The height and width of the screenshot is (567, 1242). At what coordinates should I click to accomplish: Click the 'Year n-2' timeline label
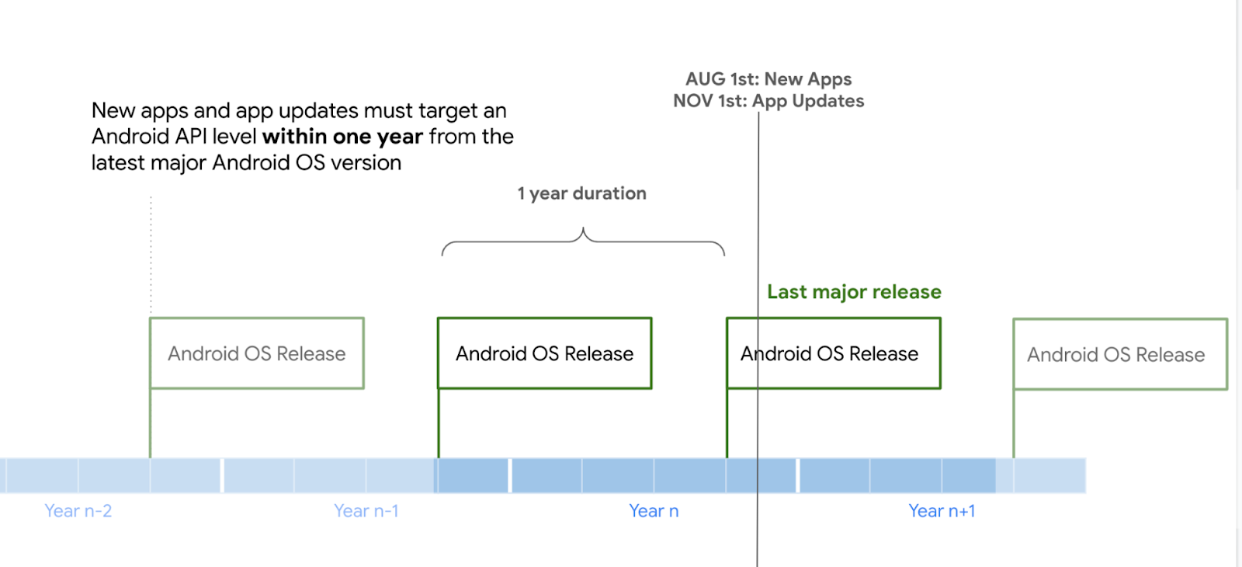coord(78,510)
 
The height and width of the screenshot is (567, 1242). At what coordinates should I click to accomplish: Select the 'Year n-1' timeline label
coord(366,510)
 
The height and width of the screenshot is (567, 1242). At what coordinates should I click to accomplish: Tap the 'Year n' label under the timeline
coord(654,510)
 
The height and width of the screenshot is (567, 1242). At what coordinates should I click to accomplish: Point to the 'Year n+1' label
coord(942,510)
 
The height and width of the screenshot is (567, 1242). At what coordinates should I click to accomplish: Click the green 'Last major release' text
coord(854,292)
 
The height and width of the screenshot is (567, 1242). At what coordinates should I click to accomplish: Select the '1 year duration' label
coord(581,193)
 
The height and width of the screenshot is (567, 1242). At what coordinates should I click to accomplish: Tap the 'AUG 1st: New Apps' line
coord(768,78)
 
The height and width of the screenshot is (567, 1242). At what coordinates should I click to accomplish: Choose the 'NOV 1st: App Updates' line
coord(768,101)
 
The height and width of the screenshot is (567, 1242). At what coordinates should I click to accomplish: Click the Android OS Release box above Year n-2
coord(257,318)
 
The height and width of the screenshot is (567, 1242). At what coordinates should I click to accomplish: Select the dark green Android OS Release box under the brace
coord(544,318)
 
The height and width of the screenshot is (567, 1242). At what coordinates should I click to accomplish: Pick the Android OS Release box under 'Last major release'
coord(834,318)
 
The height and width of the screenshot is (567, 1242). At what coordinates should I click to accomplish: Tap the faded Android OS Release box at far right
coord(1120,319)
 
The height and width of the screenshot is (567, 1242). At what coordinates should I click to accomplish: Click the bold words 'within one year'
coord(342,137)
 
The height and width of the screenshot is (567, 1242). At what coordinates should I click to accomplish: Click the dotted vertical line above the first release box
coord(151,256)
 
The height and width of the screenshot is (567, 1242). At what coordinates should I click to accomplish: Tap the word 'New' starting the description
coord(113,111)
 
